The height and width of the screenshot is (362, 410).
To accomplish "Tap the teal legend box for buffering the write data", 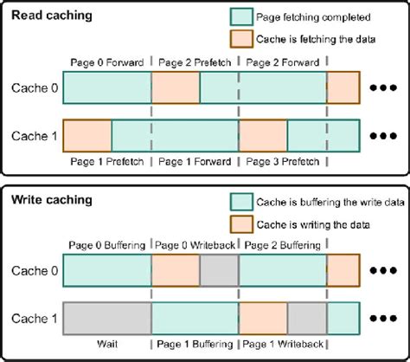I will (x=241, y=201).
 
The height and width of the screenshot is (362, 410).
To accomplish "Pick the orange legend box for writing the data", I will (x=241, y=223).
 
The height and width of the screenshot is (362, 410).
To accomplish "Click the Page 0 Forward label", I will (x=107, y=62).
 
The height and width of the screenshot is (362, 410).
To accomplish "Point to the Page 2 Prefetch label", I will (x=195, y=62).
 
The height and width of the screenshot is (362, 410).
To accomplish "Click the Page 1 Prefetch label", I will (x=107, y=162).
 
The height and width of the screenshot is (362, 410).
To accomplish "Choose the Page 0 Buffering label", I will (x=107, y=246).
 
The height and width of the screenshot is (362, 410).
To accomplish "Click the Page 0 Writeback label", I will (x=195, y=246).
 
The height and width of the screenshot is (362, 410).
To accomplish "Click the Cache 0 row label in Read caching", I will (x=34, y=87).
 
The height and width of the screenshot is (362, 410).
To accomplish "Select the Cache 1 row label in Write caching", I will (x=34, y=320).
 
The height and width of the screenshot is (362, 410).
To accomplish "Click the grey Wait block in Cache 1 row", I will (x=107, y=319).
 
